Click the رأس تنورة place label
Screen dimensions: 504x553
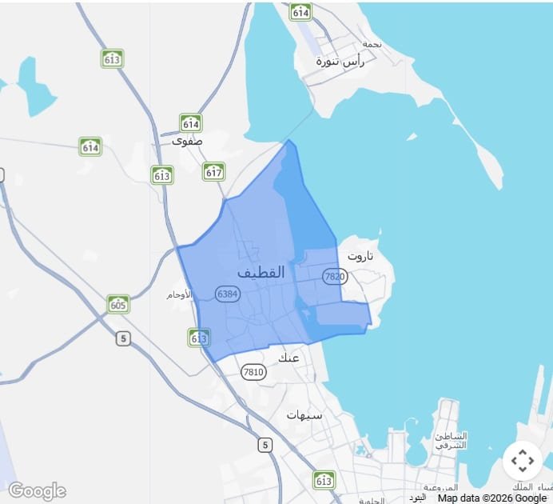point(340,61)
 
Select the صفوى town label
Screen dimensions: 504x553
point(187,140)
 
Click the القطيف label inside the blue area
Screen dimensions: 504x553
point(261,272)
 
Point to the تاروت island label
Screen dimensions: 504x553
point(360,256)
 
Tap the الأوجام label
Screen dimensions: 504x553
point(179,294)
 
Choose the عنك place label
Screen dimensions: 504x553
point(288,357)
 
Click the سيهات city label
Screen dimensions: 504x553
point(304,415)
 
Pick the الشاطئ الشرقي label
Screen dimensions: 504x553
point(451,440)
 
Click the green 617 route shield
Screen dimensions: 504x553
point(213,171)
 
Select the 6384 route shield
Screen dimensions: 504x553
point(228,294)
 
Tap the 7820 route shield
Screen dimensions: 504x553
point(335,276)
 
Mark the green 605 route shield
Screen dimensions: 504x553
point(118,304)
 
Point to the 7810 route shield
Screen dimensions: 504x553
point(253,371)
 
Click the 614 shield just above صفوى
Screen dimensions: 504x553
point(190,122)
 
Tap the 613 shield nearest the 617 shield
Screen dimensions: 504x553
point(162,174)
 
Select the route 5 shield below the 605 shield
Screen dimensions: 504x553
point(122,338)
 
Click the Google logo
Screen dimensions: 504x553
point(37,490)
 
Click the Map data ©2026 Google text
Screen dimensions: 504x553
point(491,498)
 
